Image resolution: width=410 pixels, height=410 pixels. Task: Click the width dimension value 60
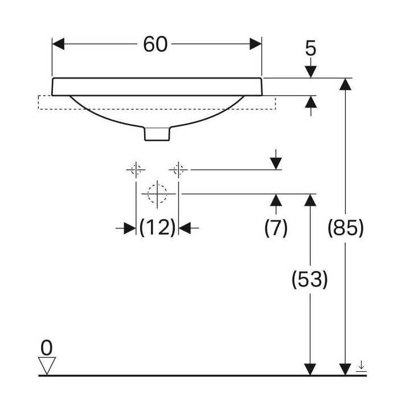click(155, 44)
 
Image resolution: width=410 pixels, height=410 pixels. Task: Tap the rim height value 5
click(310, 48)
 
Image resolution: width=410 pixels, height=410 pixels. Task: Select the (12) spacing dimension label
click(157, 228)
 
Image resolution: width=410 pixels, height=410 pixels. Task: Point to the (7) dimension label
click(276, 228)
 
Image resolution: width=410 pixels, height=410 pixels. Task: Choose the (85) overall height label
click(346, 228)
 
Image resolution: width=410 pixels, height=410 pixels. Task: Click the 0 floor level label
click(47, 346)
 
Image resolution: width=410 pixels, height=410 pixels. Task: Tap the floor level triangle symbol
click(47, 364)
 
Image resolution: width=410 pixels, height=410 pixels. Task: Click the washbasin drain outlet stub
click(157, 133)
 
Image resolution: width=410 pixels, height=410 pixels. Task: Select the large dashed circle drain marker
click(157, 194)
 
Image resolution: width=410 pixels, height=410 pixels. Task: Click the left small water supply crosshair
click(136, 169)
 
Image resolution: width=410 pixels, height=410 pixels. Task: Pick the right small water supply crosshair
click(178, 169)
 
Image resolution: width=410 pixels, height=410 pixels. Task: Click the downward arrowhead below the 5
click(310, 71)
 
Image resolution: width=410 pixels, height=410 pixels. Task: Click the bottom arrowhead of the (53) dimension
click(310, 368)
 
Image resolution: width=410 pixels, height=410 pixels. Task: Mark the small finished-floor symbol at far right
click(360, 366)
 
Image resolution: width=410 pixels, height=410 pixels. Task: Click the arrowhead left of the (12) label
click(129, 228)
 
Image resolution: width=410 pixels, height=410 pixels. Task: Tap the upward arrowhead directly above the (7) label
click(276, 200)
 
